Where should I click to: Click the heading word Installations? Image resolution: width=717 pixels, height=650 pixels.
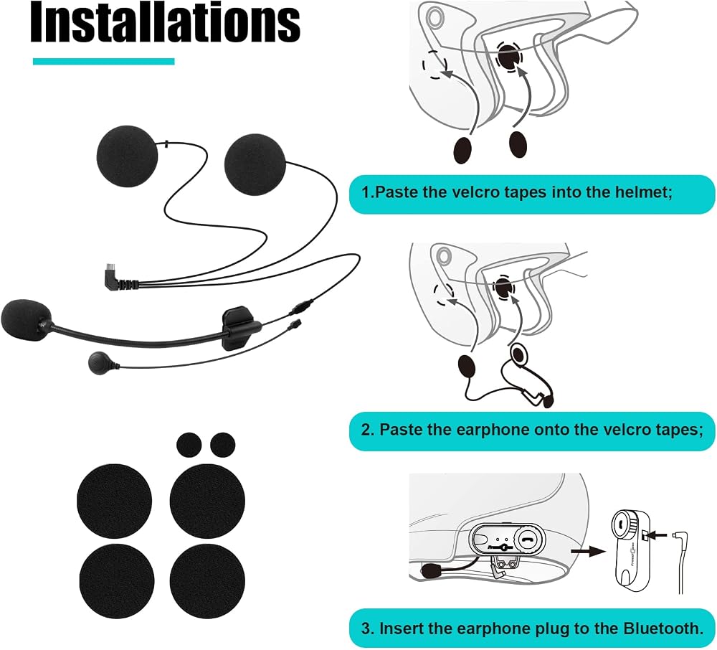[165, 22]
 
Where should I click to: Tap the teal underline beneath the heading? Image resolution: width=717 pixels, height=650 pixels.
[104, 61]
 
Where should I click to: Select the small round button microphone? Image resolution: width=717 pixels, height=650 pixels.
[98, 363]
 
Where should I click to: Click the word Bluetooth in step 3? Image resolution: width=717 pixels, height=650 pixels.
[663, 628]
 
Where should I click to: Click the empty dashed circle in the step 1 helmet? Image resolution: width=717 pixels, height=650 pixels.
[435, 64]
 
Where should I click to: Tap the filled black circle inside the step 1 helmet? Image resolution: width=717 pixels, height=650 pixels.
[509, 56]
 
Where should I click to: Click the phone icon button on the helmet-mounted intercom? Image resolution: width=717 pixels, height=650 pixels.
[529, 538]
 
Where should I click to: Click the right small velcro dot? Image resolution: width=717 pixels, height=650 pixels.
[223, 445]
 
